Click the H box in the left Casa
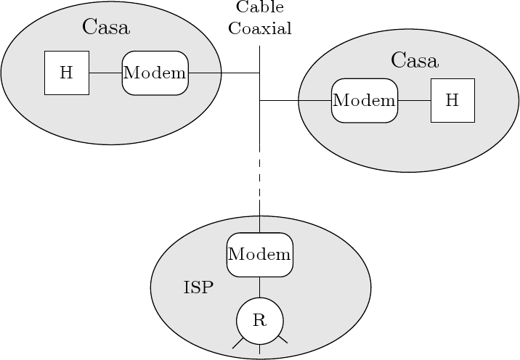click(x=66, y=73)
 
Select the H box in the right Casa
click(x=452, y=100)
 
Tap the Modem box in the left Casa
click(x=155, y=73)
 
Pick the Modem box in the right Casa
click(x=364, y=100)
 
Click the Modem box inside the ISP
click(x=259, y=255)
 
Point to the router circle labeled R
click(x=259, y=321)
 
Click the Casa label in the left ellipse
click(x=105, y=28)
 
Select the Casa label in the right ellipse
click(x=414, y=60)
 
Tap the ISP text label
click(x=198, y=288)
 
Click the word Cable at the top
click(x=259, y=8)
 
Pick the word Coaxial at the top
click(x=259, y=29)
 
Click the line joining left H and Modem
click(x=105, y=73)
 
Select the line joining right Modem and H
click(x=414, y=100)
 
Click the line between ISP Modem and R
click(x=259, y=287)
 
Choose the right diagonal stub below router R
click(x=283, y=339)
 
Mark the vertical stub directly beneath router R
click(x=259, y=349)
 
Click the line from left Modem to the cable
click(x=224, y=73)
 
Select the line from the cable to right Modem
click(x=295, y=100)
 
